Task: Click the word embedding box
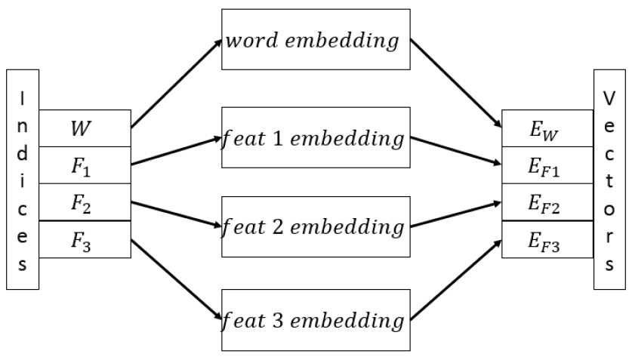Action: tap(315, 41)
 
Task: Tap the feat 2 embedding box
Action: tap(315, 226)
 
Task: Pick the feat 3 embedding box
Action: tap(315, 320)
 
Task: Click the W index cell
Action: tap(84, 128)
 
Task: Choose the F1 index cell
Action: tap(84, 165)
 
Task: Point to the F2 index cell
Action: tap(84, 202)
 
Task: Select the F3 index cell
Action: tap(84, 239)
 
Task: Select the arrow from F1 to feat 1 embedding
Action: tap(175, 150)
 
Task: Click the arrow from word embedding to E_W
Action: tap(457, 82)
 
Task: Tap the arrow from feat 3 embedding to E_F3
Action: tap(457, 278)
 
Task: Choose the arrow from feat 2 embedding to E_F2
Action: tap(457, 214)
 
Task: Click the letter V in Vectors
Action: tap(609, 100)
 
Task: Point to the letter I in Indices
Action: tap(22, 98)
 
